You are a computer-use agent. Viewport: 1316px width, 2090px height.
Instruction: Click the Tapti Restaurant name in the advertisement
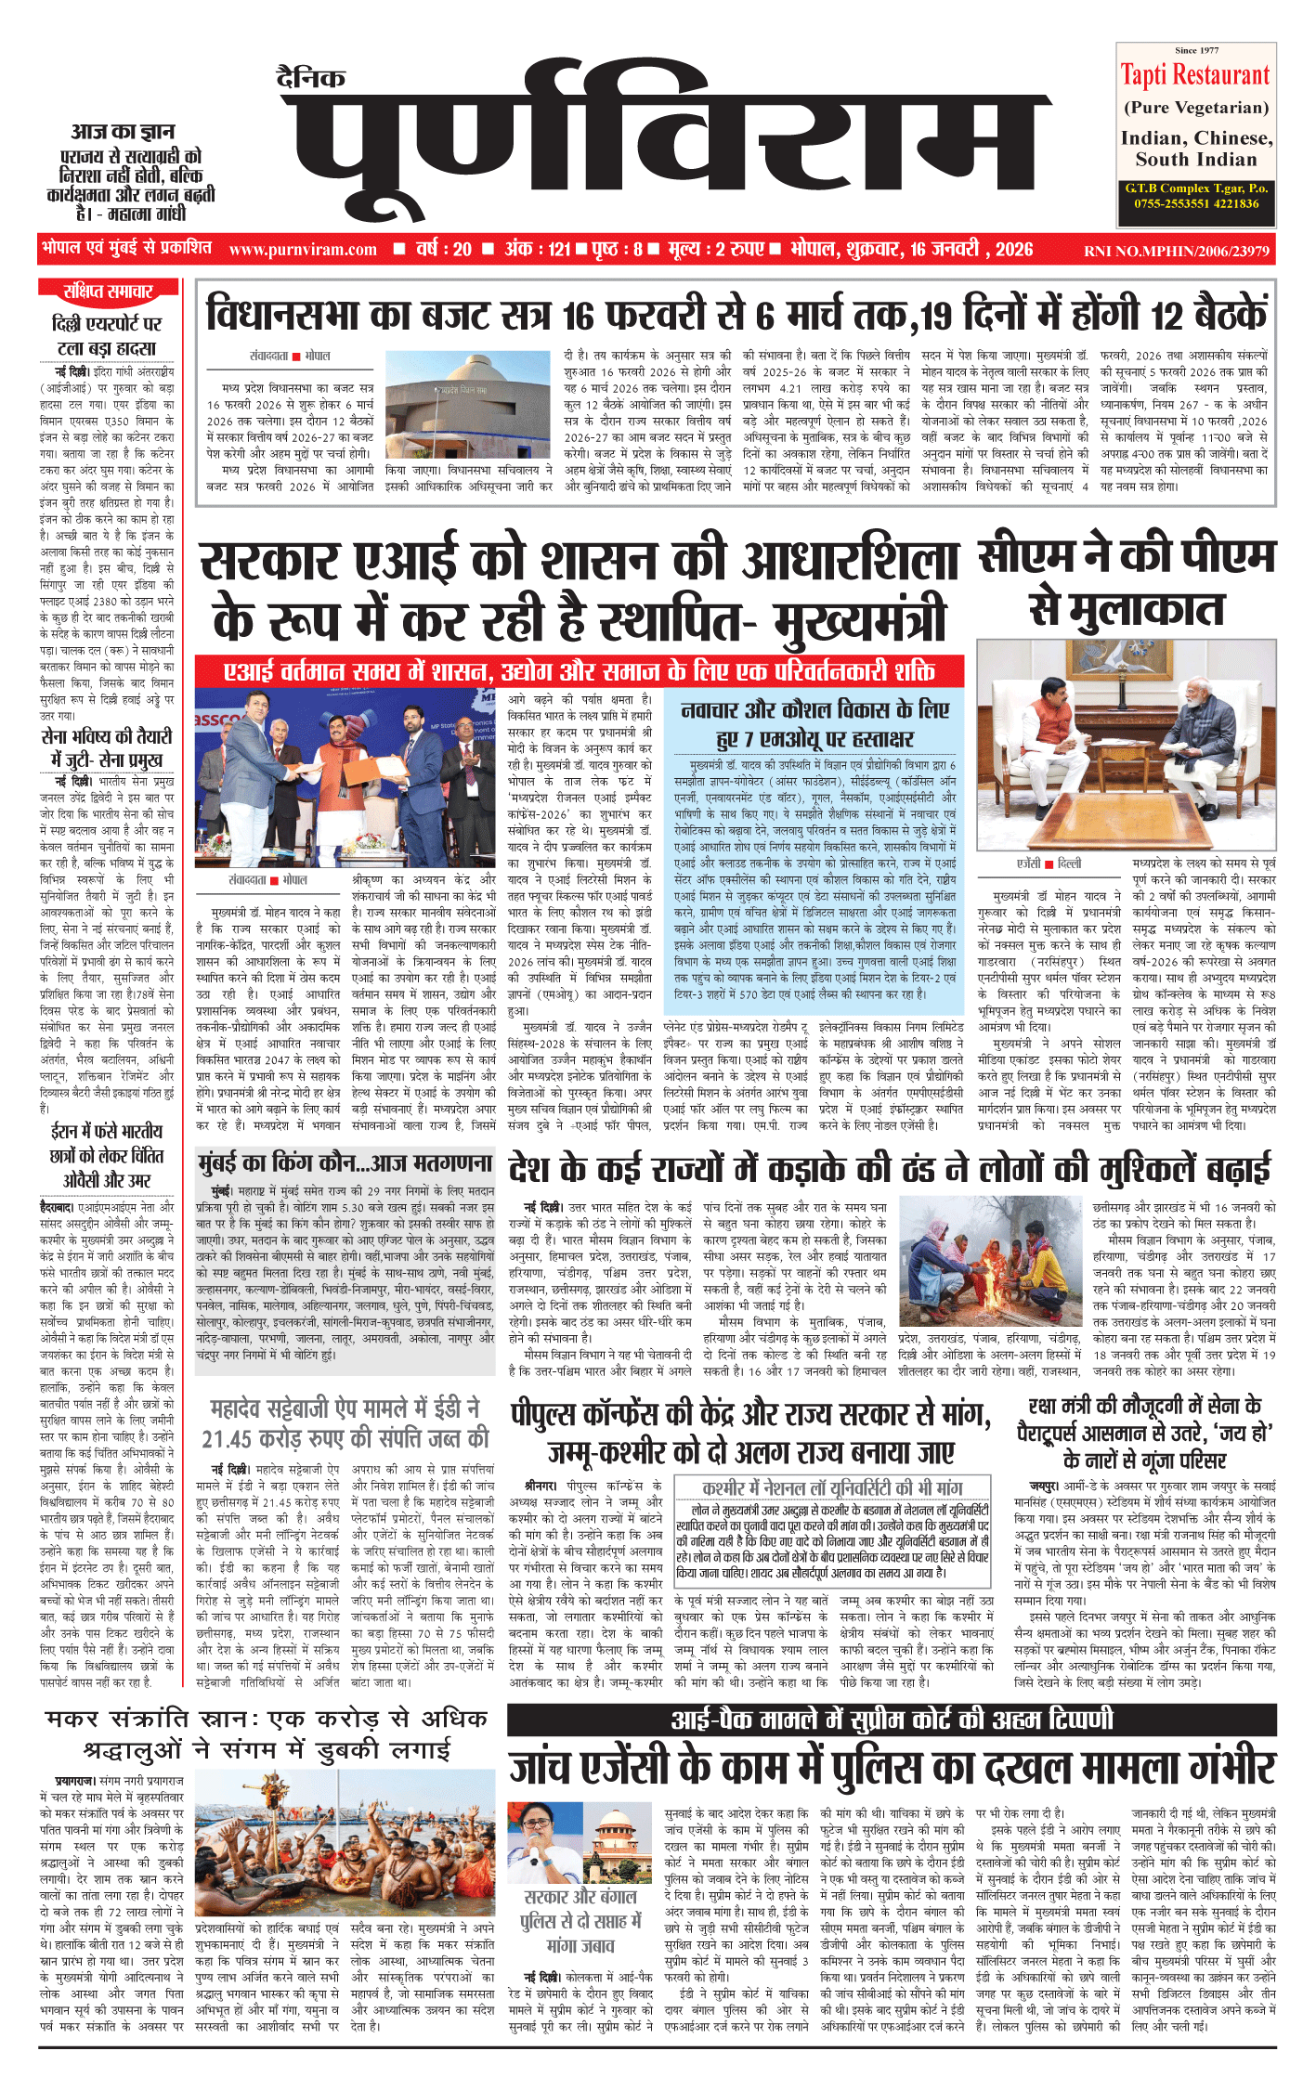[1194, 74]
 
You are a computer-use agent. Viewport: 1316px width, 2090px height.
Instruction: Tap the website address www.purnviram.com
[303, 250]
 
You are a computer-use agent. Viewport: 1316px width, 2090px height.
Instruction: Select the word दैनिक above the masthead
[311, 78]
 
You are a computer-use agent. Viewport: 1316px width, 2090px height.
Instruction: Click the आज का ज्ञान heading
[123, 132]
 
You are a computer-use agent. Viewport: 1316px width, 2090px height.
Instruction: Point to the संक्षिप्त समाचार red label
[108, 292]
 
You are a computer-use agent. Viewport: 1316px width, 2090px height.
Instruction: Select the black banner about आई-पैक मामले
[891, 1720]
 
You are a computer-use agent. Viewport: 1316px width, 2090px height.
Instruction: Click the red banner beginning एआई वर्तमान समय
[579, 670]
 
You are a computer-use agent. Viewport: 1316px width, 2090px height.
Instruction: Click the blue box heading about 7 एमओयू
[814, 724]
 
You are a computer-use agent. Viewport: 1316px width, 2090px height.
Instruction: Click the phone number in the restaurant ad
[1196, 203]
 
